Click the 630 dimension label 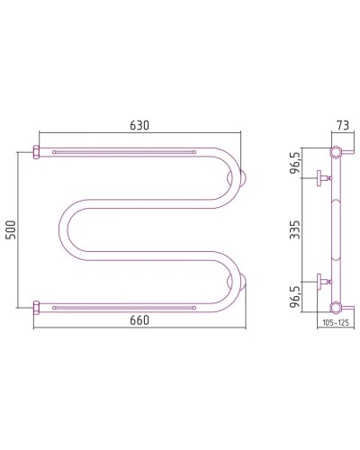click(x=139, y=125)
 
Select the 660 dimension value click(x=139, y=320)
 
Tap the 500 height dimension click(x=11, y=230)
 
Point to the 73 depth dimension click(x=343, y=125)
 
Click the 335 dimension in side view click(x=294, y=229)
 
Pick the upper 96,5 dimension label click(x=295, y=163)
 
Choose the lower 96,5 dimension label click(x=295, y=296)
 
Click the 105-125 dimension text click(x=336, y=323)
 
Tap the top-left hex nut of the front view click(x=36, y=152)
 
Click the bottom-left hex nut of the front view click(x=36, y=308)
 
